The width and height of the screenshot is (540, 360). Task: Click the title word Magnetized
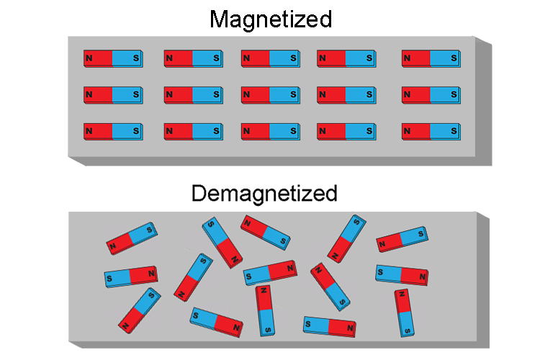tap(271, 19)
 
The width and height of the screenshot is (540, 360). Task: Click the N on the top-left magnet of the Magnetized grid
tap(89, 57)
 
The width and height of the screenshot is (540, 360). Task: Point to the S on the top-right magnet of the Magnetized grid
tap(453, 57)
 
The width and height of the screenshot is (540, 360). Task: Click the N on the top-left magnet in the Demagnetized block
tap(113, 246)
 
